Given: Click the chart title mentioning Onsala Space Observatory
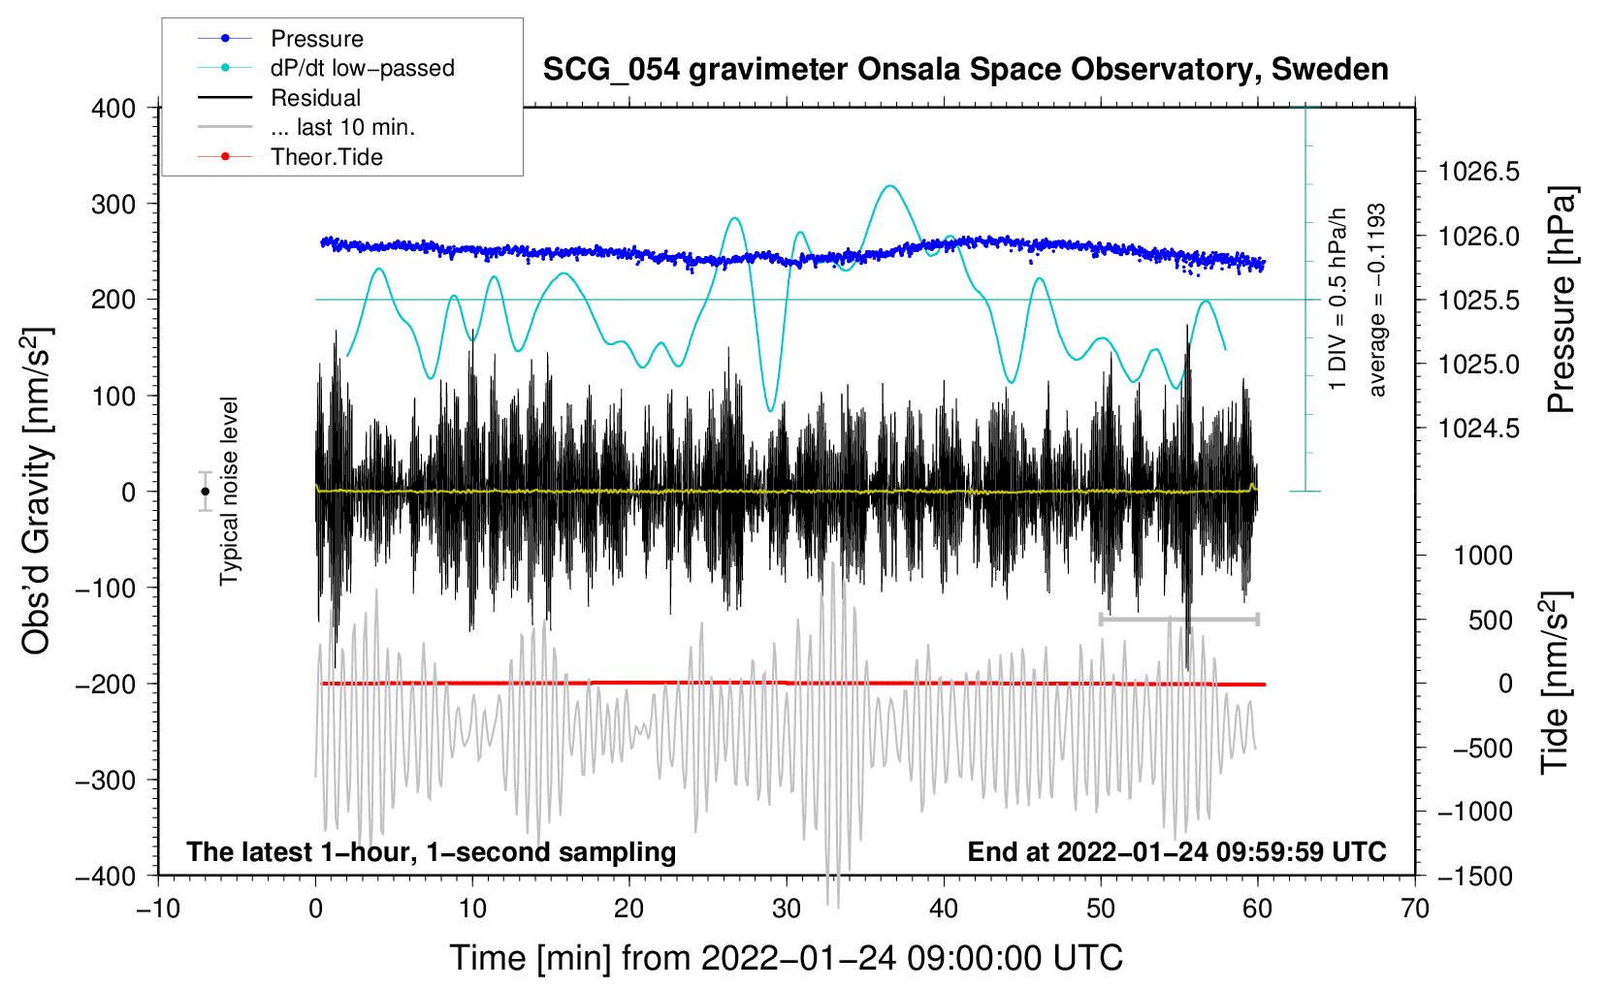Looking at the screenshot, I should coord(965,70).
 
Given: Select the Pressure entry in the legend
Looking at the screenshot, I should coord(316,39).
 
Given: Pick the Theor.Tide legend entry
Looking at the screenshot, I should coord(326,157).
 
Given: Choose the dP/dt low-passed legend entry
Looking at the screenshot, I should coord(362,68).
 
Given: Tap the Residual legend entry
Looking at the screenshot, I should coord(315,98).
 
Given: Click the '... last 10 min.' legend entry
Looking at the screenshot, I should coord(342,127).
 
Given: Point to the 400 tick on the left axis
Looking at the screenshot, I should coord(113,108).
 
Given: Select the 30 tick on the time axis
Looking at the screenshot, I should coord(787,909).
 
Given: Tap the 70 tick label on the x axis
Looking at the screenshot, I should coord(1414,909).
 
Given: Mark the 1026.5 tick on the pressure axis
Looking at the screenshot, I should coord(1479,173).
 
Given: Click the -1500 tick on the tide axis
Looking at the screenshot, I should coord(1474,876).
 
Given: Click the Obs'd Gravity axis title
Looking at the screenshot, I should coord(36,492).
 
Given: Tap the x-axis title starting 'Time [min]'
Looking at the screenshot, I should coord(786,958).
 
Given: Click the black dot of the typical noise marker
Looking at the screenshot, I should coord(205,492).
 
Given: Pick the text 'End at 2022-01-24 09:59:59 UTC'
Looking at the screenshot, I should coord(1176,851).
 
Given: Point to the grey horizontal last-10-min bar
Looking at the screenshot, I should coord(1178,619).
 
